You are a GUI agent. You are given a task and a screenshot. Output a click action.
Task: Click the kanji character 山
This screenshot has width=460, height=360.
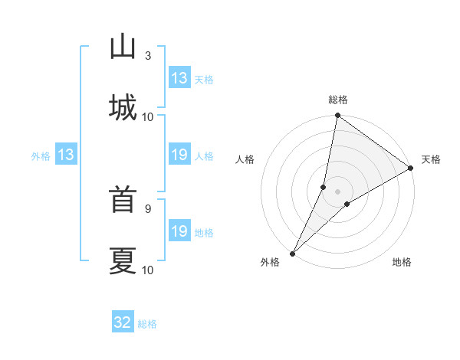coord(123,47)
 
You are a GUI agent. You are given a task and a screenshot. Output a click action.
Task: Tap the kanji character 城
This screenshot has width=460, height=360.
coord(123,107)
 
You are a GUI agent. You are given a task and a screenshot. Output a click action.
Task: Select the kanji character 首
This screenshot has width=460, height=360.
coord(123,200)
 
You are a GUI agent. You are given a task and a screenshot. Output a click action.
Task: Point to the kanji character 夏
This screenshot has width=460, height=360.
coord(123,260)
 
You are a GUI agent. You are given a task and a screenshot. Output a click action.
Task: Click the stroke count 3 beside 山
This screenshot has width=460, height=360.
coord(148,55)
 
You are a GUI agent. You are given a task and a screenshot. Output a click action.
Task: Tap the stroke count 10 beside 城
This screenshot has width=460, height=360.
coord(148,116)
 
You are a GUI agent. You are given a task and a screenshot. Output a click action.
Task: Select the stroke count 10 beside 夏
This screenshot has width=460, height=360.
coord(148,270)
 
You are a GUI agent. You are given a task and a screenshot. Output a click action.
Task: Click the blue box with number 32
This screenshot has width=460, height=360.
coord(123,322)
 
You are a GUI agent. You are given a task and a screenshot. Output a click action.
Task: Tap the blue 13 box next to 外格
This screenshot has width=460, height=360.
coord(66,155)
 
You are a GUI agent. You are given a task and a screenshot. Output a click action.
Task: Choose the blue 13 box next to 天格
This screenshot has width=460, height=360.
coord(179,78)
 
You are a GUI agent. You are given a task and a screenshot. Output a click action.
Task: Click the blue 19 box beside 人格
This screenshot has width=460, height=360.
coord(179,155)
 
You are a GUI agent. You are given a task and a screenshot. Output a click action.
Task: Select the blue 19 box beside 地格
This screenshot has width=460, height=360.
coord(179,231)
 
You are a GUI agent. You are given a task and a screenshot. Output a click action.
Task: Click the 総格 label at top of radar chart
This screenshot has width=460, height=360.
coord(338,100)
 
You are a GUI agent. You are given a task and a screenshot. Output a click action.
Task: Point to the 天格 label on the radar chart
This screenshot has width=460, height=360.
coord(431,160)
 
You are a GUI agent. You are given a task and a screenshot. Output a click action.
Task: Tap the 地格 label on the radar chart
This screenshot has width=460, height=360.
coord(402,263)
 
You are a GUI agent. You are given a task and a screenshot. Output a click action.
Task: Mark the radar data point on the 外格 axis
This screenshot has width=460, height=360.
coord(292,253)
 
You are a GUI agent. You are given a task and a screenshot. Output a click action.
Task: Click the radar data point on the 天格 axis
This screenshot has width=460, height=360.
coord(411,168)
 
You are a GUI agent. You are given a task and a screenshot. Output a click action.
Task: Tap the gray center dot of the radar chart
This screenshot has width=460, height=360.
coord(338,191)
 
